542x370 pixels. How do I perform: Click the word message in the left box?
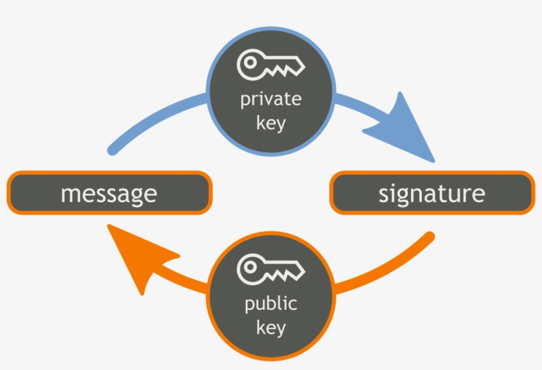[x=109, y=194]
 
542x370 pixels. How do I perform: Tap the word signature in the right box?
[x=432, y=194]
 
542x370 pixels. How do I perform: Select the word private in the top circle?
[x=270, y=100]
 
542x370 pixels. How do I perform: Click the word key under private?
[x=270, y=123]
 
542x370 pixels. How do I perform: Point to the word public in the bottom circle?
[x=270, y=305]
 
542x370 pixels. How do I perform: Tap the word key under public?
[x=270, y=327]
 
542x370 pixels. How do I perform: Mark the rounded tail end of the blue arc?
[x=112, y=150]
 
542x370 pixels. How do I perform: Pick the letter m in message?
[x=69, y=194]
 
